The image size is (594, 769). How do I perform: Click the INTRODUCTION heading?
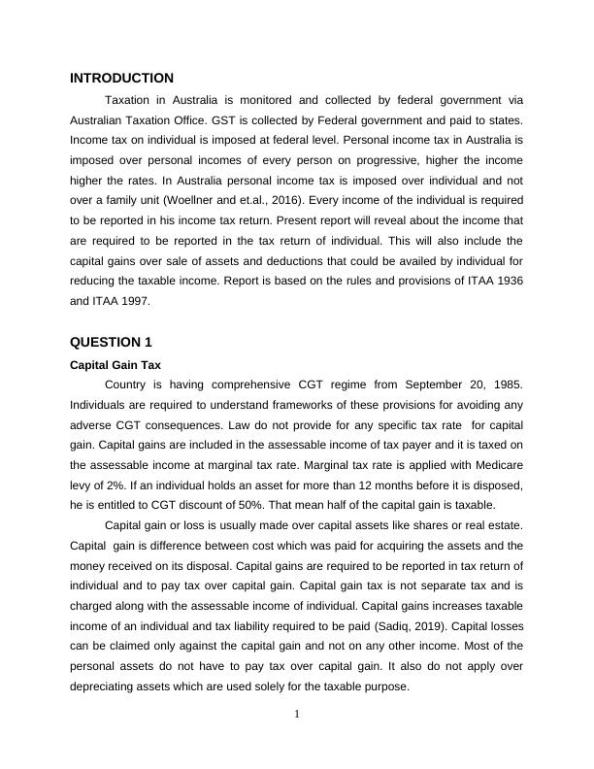click(121, 78)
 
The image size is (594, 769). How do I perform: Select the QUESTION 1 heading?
click(111, 342)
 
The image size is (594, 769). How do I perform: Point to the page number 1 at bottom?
click(297, 716)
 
